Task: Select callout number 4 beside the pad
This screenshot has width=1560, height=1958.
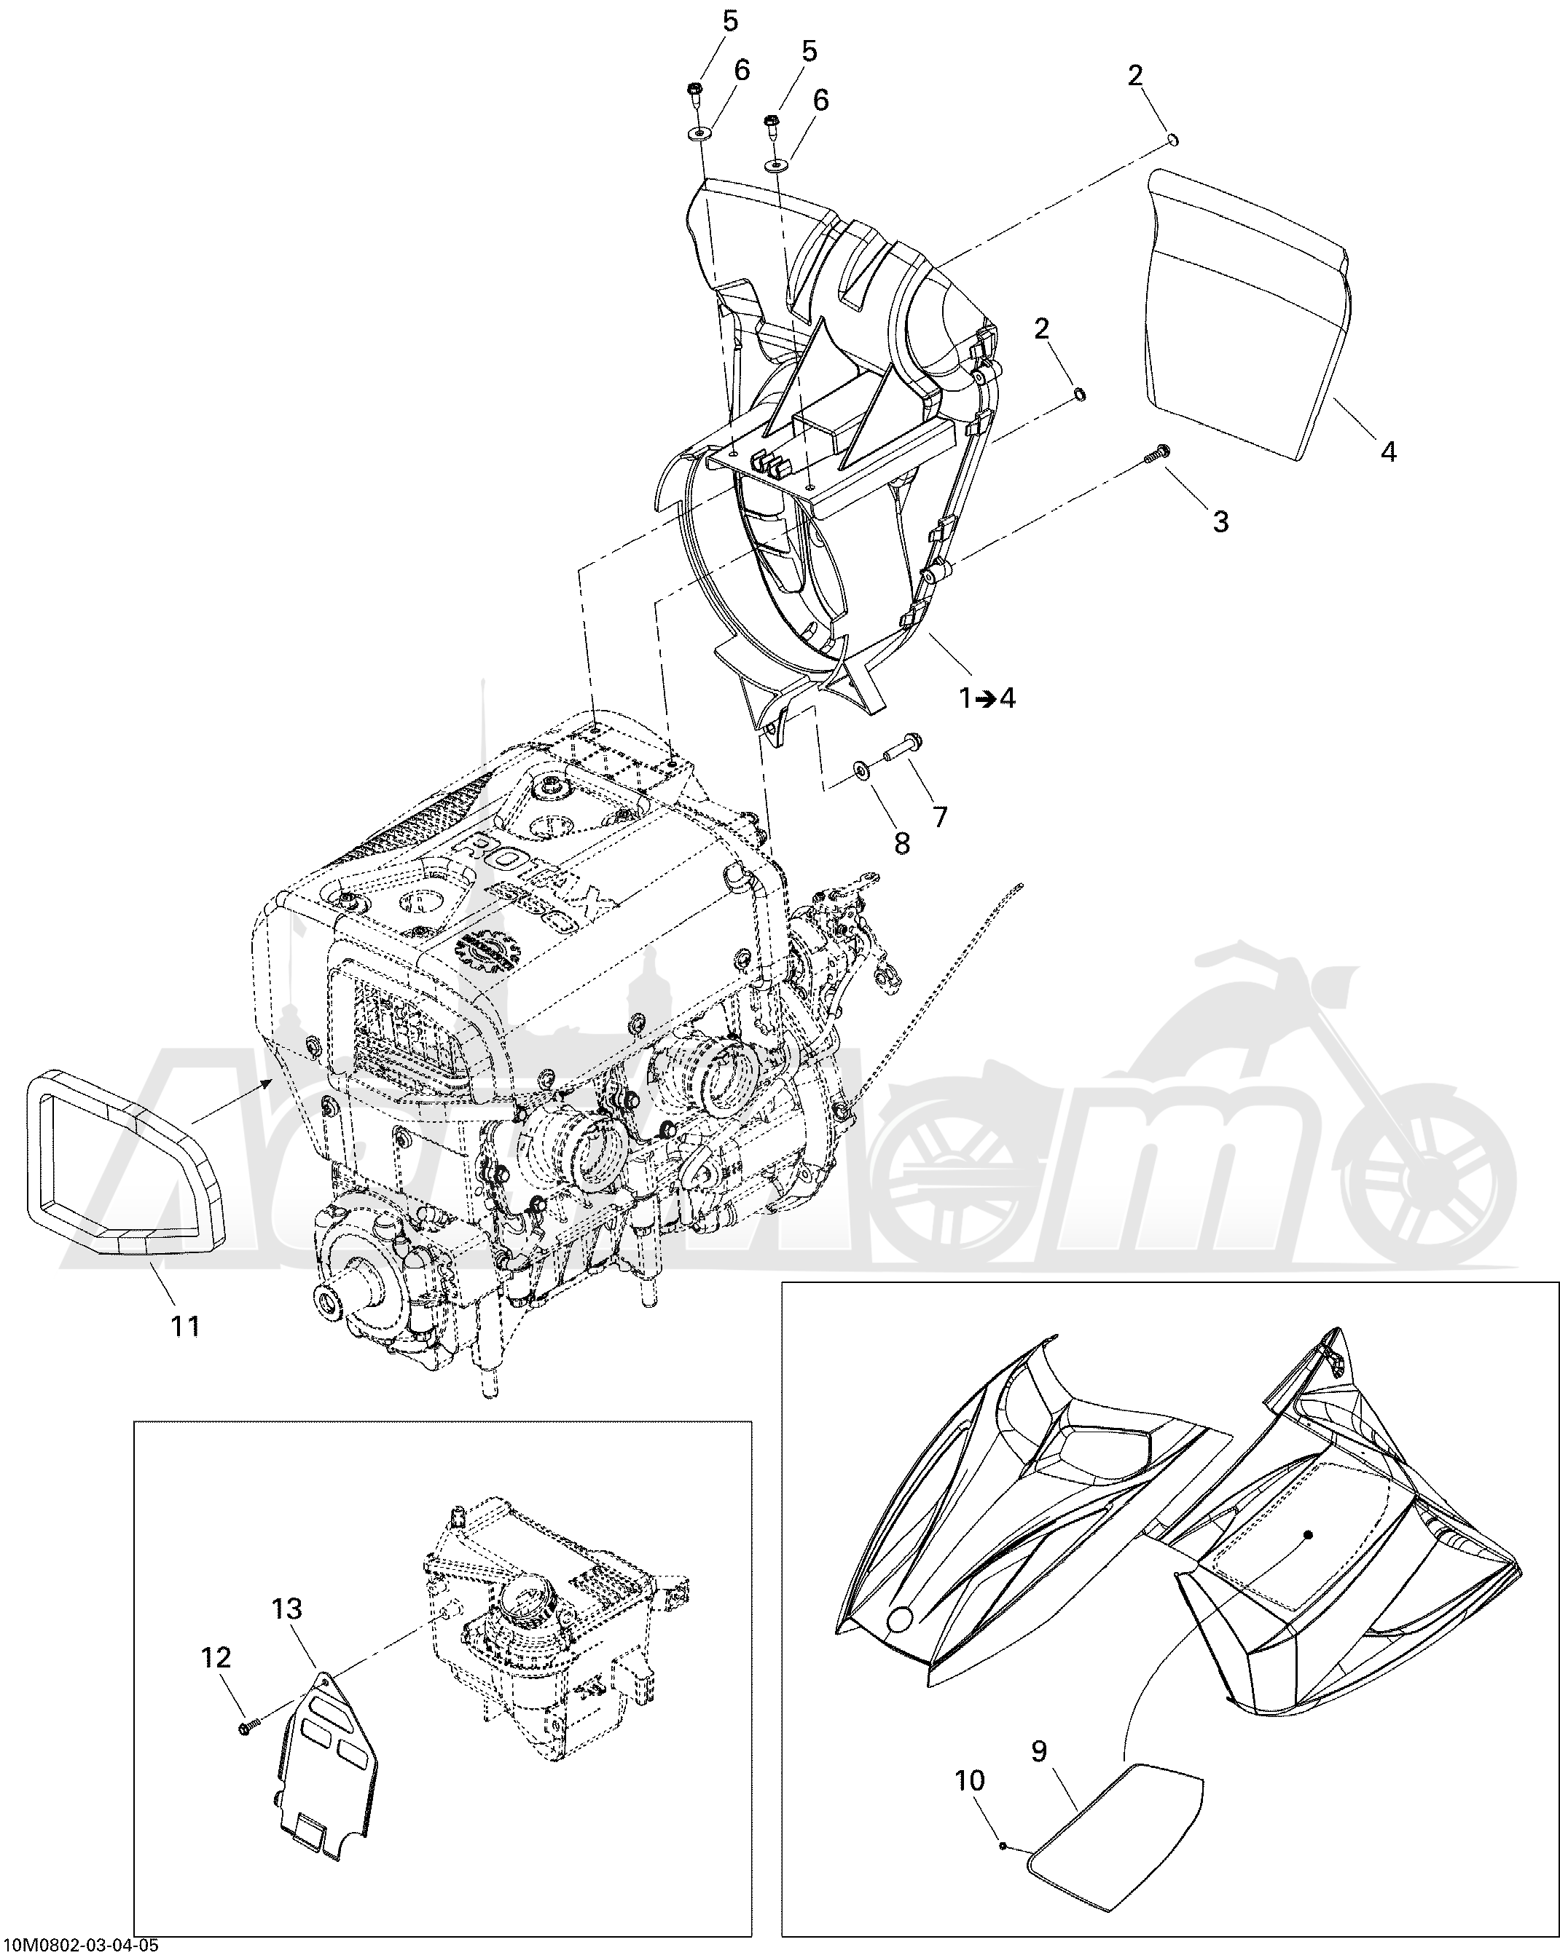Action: (x=1387, y=451)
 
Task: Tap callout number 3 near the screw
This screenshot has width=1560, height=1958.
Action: (x=1220, y=521)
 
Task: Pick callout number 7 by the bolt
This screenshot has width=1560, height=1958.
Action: (x=938, y=816)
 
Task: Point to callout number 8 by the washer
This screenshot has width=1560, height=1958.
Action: (x=901, y=842)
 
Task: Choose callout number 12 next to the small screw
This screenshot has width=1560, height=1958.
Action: (x=216, y=1657)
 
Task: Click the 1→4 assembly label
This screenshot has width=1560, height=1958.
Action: (x=987, y=698)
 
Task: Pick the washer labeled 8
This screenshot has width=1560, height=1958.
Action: (x=860, y=771)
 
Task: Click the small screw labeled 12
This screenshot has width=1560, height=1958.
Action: (x=247, y=1724)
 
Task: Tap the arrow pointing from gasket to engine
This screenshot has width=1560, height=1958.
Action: (x=232, y=1100)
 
